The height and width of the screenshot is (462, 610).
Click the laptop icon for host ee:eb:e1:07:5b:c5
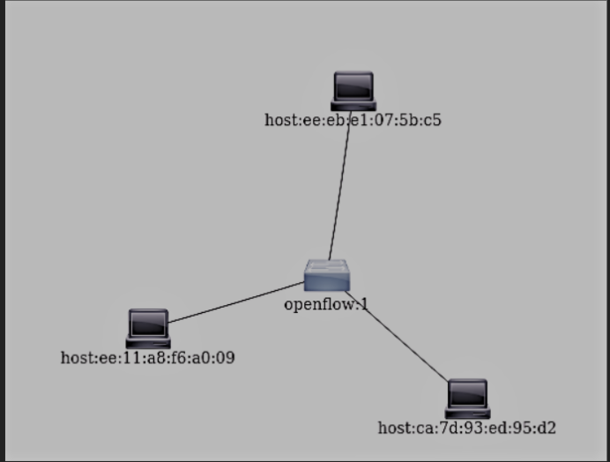coord(353,91)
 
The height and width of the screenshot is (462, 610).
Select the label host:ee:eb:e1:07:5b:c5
coord(353,120)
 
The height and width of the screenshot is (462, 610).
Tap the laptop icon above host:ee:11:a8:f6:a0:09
coord(148,327)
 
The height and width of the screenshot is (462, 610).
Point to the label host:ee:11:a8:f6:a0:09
coord(147,358)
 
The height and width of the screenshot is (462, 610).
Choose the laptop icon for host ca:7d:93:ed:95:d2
coord(467,398)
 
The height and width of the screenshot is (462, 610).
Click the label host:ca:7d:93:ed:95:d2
coord(466,428)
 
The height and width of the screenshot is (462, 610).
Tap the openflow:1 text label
coord(325,305)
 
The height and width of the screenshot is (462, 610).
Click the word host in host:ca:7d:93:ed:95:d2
coord(393,428)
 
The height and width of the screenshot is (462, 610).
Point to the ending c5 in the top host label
coord(432,120)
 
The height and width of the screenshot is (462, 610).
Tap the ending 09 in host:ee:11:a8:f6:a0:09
coord(226,358)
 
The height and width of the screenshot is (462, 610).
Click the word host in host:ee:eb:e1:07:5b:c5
coord(279,120)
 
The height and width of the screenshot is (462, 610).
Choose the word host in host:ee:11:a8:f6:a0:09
coord(76,358)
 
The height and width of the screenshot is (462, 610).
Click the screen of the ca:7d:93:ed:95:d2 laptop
coord(467,393)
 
